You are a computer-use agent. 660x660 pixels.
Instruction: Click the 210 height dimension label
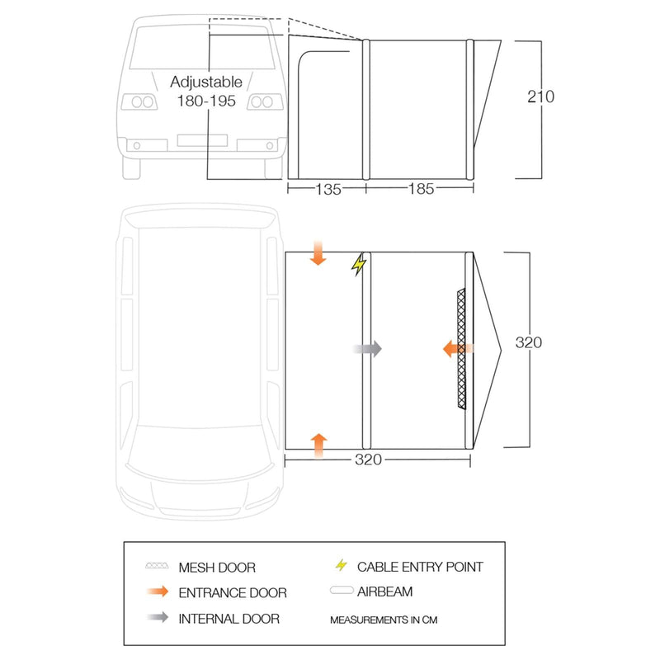coord(542,97)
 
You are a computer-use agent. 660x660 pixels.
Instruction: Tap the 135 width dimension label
coord(327,190)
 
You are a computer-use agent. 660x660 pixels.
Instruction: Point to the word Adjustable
coord(206,82)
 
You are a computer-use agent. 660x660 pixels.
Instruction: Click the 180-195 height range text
coord(206,101)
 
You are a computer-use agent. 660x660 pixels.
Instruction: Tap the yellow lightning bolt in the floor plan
coord(359,265)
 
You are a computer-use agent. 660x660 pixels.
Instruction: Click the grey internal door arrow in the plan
coord(367,349)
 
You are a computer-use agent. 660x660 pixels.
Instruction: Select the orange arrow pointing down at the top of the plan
coord(318,252)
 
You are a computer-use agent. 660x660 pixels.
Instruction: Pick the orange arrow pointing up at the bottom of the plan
coord(318,444)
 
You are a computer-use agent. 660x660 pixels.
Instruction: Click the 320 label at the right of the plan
coord(528,342)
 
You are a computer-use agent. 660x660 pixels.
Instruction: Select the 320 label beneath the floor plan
coord(367,460)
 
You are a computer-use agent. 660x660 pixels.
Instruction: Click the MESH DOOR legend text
coord(217,568)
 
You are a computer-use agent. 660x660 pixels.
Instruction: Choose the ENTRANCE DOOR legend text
coord(233,592)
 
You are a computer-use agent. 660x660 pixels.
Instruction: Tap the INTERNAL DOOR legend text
coord(229,618)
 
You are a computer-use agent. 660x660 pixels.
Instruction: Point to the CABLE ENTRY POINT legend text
coord(420,567)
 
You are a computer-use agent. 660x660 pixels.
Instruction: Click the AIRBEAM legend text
coord(385,592)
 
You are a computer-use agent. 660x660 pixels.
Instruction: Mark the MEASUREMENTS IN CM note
coord(384,618)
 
